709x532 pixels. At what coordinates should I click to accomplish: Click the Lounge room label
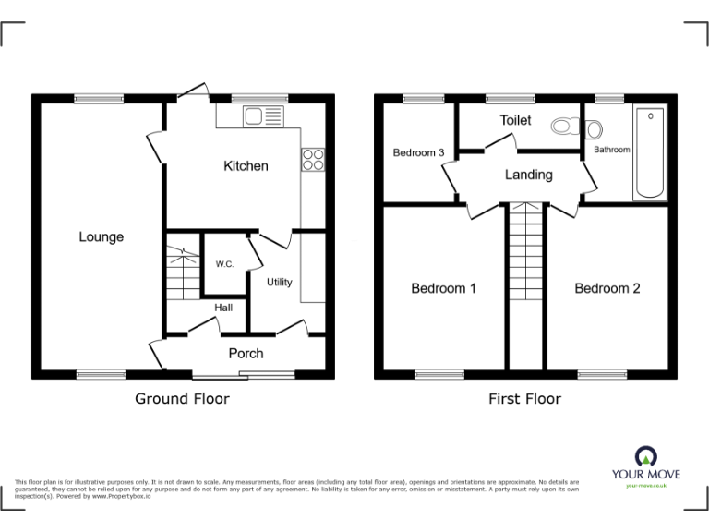[x=101, y=237]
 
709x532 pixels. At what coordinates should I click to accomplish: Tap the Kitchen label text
[x=246, y=166]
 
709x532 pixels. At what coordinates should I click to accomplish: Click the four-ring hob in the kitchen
[x=312, y=159]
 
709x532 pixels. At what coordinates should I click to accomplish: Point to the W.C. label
[x=224, y=265]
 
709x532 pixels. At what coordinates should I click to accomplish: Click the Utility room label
[x=279, y=282]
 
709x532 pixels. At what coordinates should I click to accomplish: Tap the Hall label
[x=223, y=308]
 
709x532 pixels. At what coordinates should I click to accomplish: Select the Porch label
[x=246, y=353]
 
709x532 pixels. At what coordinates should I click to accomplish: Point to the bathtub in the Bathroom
[x=649, y=153]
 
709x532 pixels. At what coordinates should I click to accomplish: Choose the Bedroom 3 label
[x=419, y=153]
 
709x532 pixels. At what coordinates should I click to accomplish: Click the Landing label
[x=528, y=175]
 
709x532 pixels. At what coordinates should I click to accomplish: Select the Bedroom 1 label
[x=443, y=288]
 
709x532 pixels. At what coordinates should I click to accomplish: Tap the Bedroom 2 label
[x=607, y=288]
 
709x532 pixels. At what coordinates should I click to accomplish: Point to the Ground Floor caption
[x=182, y=399]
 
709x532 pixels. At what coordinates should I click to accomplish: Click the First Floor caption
[x=524, y=399]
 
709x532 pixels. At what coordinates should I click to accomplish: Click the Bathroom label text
[x=611, y=150]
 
